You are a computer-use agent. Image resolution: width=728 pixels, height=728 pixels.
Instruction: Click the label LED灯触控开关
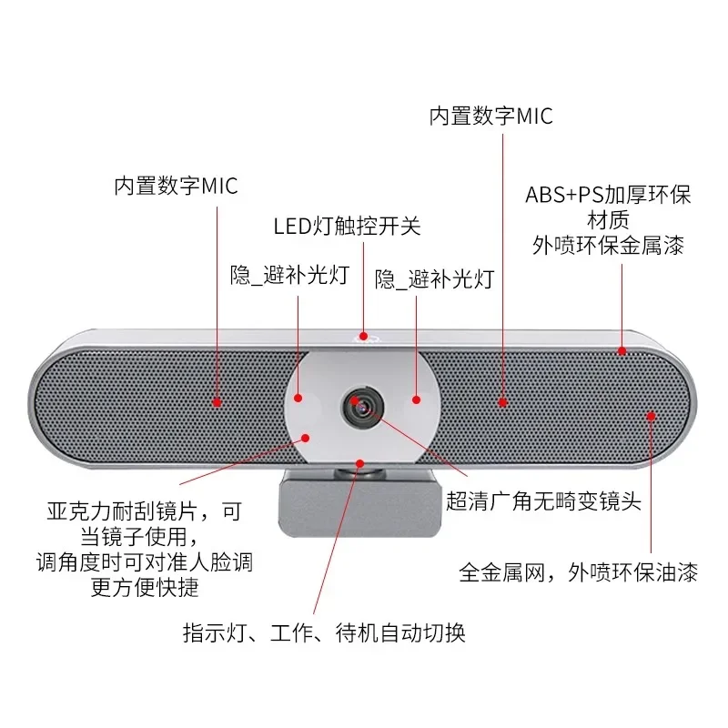[348, 226]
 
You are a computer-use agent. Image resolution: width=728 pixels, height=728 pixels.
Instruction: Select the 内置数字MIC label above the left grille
[176, 187]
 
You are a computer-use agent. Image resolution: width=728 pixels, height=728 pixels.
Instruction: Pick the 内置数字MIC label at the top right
[490, 116]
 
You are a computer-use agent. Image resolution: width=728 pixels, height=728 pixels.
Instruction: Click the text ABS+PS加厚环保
[608, 196]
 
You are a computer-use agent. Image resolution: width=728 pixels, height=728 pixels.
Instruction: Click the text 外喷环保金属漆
[608, 245]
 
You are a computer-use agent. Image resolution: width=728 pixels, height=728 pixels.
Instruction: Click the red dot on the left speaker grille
[217, 401]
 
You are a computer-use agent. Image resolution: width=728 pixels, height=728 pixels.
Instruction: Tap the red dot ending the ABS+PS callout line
[622, 350]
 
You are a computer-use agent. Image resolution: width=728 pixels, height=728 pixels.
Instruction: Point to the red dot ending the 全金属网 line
[651, 416]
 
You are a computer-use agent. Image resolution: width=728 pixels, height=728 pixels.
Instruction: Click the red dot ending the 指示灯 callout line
[361, 463]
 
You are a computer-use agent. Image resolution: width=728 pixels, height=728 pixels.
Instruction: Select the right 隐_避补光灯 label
[434, 278]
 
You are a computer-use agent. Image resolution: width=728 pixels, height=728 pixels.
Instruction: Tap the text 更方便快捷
[145, 588]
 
